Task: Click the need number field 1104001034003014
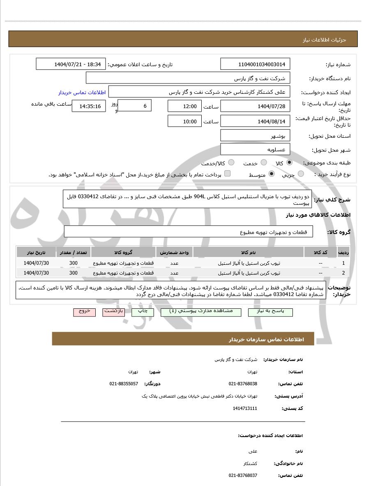(x=255, y=64)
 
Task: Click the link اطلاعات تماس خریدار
(x=82, y=93)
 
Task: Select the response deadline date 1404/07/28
(x=255, y=106)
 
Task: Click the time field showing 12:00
(x=184, y=106)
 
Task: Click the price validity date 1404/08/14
(x=255, y=121)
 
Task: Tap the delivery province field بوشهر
(x=255, y=136)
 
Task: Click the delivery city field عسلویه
(x=255, y=150)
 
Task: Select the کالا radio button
(x=290, y=163)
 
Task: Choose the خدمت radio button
(x=264, y=163)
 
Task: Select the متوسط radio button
(x=271, y=174)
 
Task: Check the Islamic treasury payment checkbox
(x=228, y=174)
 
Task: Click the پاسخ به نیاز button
(x=270, y=312)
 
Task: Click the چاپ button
(x=143, y=312)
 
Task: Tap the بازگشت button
(x=113, y=312)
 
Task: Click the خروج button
(x=85, y=312)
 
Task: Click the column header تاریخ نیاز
(x=36, y=252)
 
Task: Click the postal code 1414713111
(x=245, y=408)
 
